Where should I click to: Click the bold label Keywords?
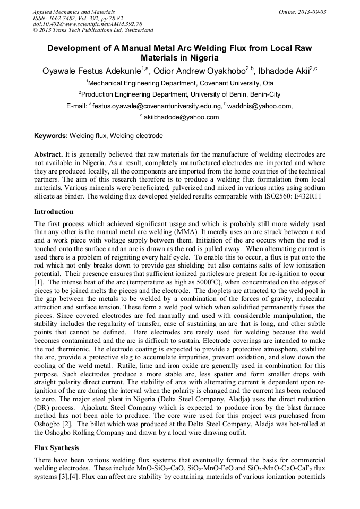point(51,136)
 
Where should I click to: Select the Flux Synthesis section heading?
point(56,447)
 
